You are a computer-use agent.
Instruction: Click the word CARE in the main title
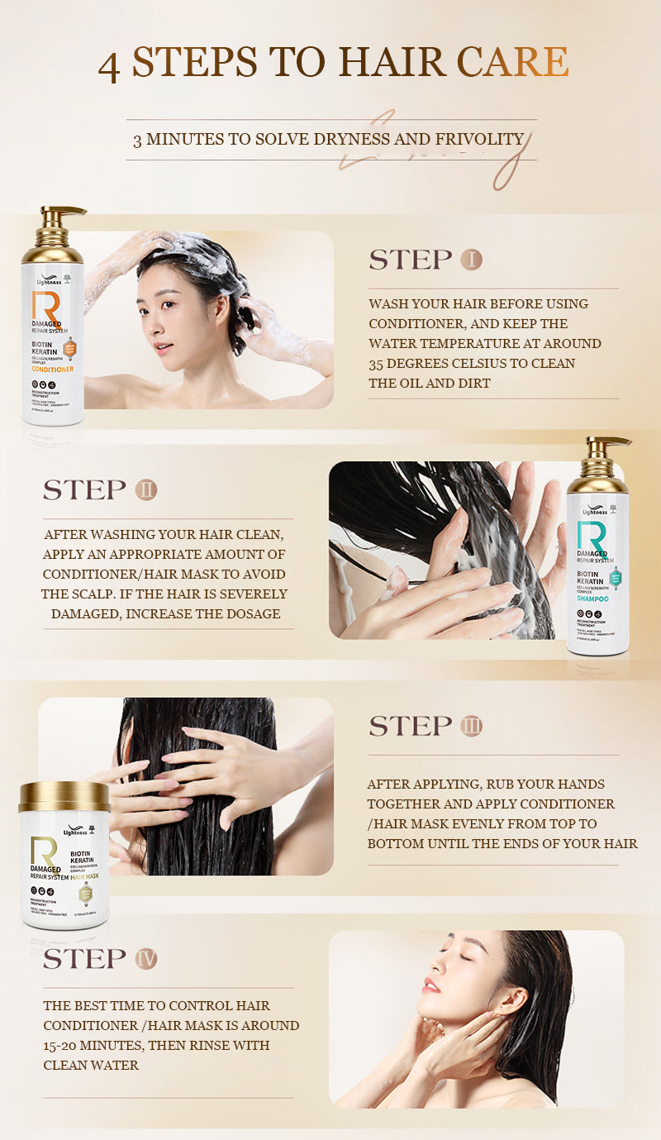(513, 63)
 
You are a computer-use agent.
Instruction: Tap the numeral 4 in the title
(109, 66)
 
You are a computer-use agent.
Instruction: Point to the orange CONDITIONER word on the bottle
(53, 370)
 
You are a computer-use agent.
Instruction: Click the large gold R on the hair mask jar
(42, 851)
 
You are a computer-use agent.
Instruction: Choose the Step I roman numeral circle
(471, 260)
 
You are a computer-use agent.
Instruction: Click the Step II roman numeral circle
(145, 489)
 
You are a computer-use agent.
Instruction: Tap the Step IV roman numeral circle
(145, 959)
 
